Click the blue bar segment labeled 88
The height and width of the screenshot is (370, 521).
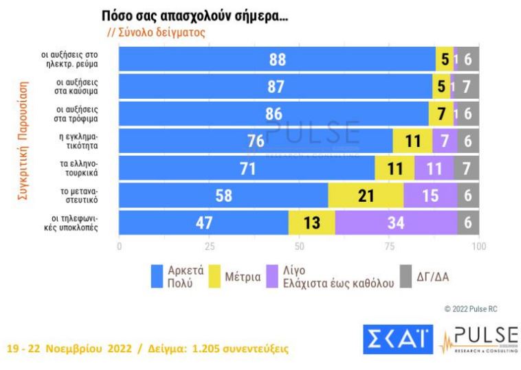pyautogui.click(x=277, y=60)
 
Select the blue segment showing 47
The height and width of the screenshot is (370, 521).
pyautogui.click(x=203, y=222)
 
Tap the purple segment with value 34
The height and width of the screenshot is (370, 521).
pyautogui.click(x=396, y=222)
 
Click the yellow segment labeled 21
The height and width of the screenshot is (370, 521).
pyautogui.click(x=366, y=196)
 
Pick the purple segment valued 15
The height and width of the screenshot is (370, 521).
pyautogui.click(x=430, y=196)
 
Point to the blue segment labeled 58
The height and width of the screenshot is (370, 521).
pyautogui.click(x=223, y=196)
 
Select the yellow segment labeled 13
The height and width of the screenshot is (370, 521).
pyautogui.click(x=311, y=222)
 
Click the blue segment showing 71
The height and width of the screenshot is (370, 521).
pyautogui.click(x=247, y=168)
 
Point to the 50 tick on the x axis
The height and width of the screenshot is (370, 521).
pyautogui.click(x=299, y=246)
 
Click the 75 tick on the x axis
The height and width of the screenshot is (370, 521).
pyautogui.click(x=389, y=246)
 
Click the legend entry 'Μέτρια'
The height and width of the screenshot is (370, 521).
pyautogui.click(x=244, y=277)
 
